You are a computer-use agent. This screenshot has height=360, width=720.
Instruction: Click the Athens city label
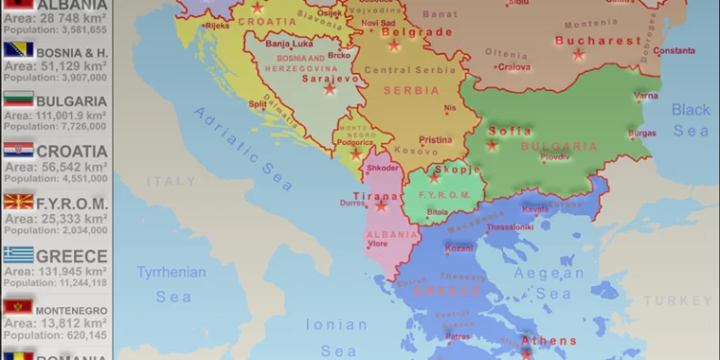pyautogui.click(x=549, y=341)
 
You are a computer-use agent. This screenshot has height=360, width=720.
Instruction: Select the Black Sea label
pyautogui.click(x=690, y=120)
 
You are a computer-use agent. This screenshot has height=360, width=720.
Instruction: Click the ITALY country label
pyautogui.click(x=171, y=180)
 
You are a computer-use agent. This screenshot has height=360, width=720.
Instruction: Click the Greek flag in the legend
pyautogui.click(x=19, y=254)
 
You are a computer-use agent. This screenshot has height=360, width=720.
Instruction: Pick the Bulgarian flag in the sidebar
pyautogui.click(x=19, y=99)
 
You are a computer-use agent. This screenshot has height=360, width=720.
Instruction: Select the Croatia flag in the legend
pyautogui.click(x=19, y=151)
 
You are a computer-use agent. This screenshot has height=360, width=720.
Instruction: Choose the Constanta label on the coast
pyautogui.click(x=674, y=50)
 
